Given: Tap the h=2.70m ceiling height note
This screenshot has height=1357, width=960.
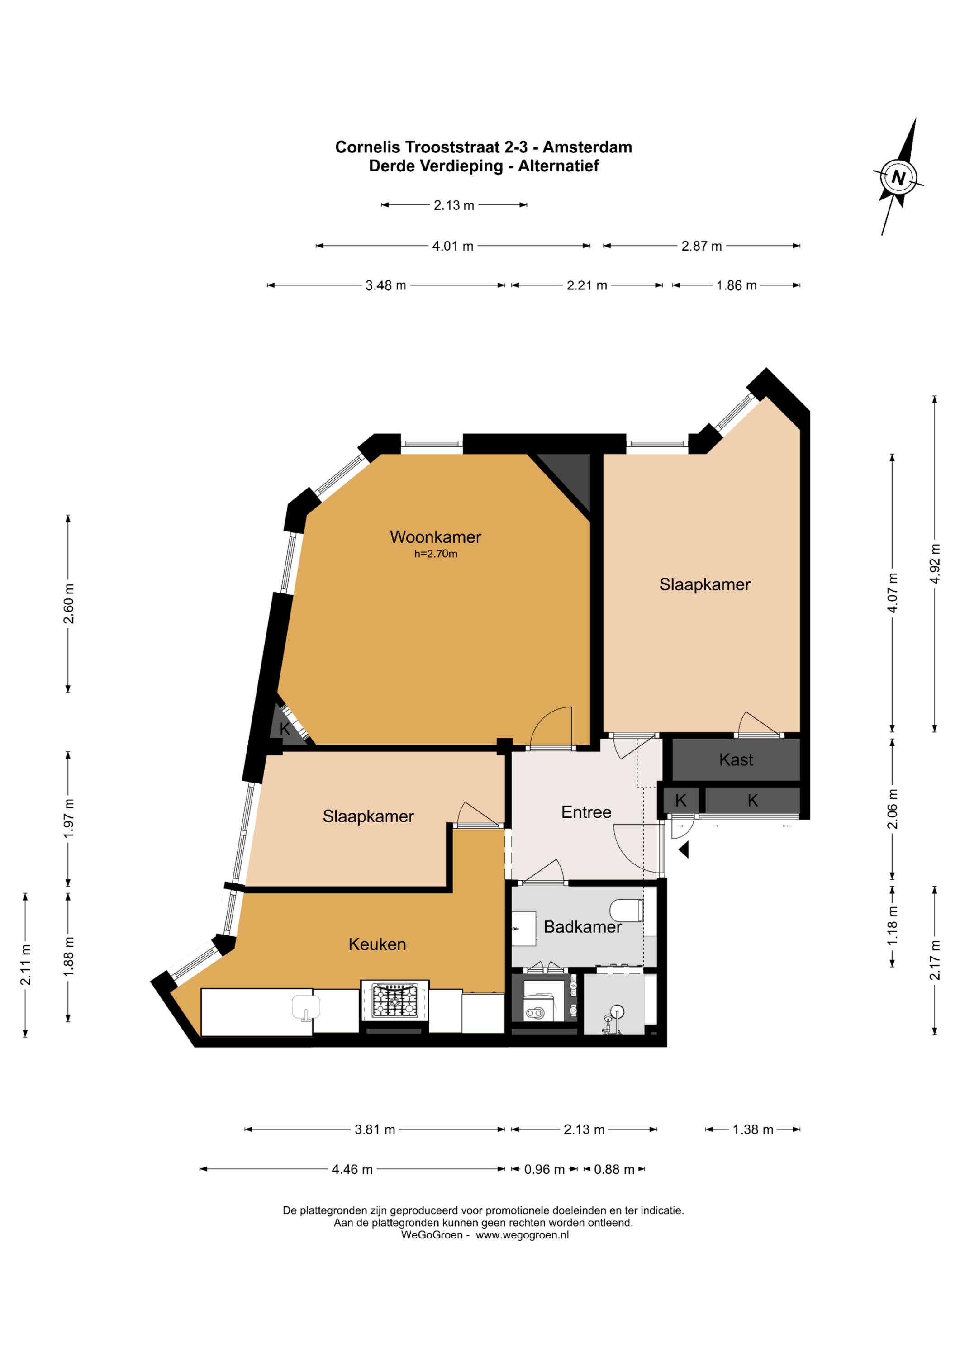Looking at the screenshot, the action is (x=436, y=554).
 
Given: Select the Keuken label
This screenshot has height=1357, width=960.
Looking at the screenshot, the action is (x=377, y=944).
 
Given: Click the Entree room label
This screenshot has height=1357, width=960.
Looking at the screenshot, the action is (x=586, y=811).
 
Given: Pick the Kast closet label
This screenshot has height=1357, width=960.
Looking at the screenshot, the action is (x=736, y=759).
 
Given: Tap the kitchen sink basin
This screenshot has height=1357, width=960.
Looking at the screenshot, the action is (x=306, y=1007).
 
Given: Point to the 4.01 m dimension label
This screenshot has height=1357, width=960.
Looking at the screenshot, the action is (x=453, y=246).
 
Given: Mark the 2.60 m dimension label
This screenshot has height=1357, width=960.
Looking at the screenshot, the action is (x=69, y=603).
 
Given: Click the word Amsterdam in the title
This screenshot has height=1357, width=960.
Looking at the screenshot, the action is (x=587, y=147).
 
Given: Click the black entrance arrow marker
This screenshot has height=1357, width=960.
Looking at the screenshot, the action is (x=684, y=850).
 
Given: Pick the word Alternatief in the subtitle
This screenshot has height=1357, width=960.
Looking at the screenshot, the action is (x=559, y=166).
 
